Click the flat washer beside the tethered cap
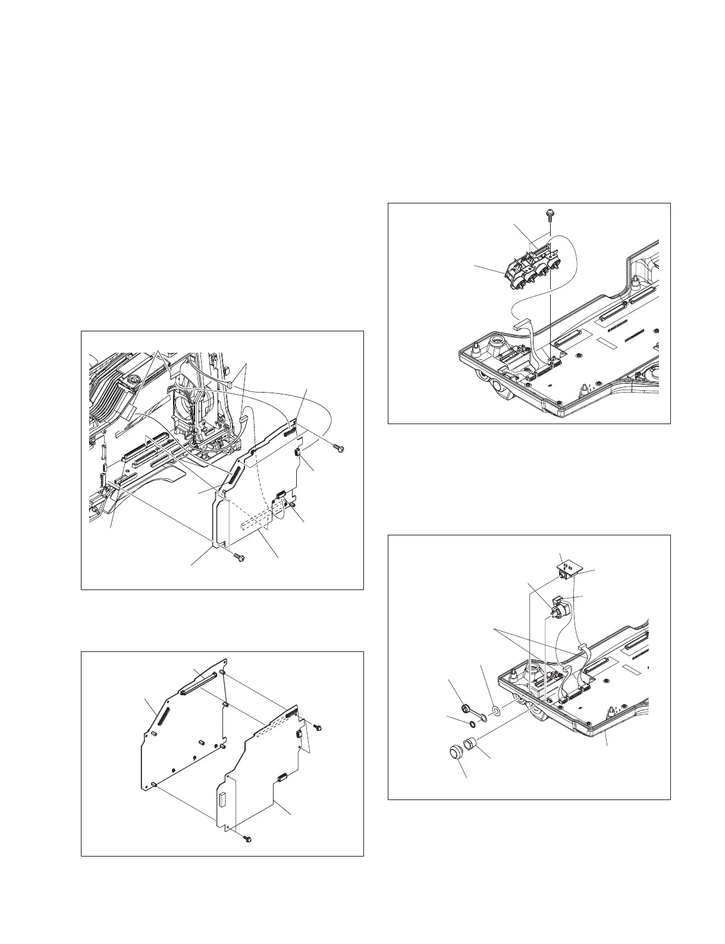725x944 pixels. pyautogui.click(x=495, y=711)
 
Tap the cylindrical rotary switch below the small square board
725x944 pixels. pyautogui.click(x=558, y=610)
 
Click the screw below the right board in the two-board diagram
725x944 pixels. pyautogui.click(x=248, y=838)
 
